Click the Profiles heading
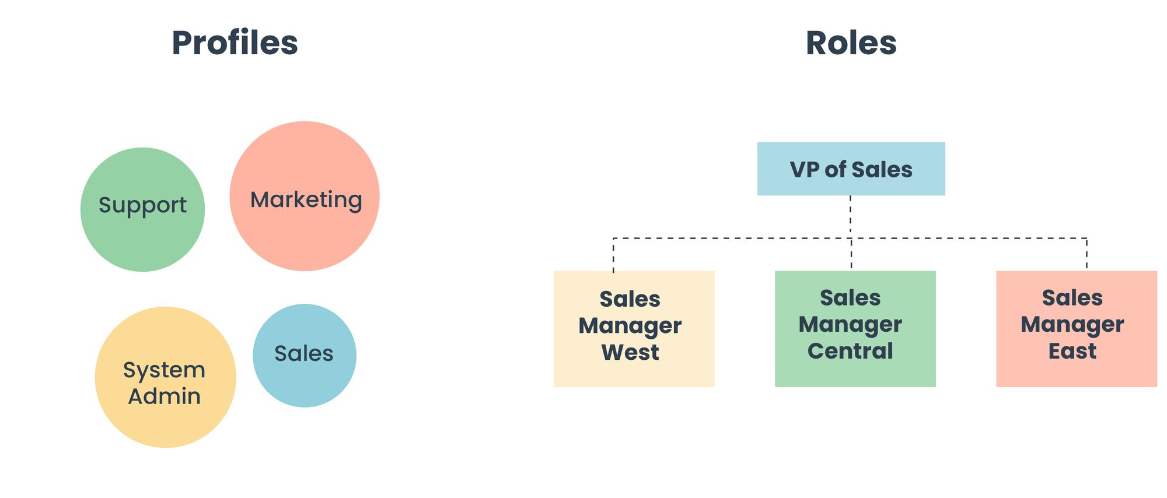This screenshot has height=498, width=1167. click(x=235, y=43)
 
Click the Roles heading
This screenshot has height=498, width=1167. click(x=851, y=43)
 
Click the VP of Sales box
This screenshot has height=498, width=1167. click(x=851, y=169)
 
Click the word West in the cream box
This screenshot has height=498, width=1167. click(x=630, y=352)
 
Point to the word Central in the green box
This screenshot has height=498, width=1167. click(x=850, y=351)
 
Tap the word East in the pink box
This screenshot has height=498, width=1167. click(x=1072, y=351)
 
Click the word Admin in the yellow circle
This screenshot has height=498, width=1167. click(x=165, y=397)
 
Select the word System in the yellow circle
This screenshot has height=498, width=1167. click(x=164, y=370)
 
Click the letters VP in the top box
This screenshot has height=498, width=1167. click(x=804, y=170)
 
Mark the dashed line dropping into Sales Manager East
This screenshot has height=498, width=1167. click(x=1086, y=254)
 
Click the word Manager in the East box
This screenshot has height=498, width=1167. click(x=1072, y=324)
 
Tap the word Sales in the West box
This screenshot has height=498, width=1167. click(x=630, y=299)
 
